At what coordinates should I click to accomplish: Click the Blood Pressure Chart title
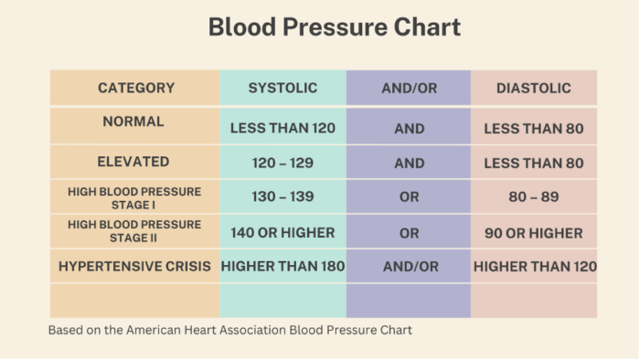pyautogui.click(x=335, y=27)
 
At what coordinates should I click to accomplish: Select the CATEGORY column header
pyautogui.click(x=135, y=89)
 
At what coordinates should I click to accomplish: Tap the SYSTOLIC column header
pyautogui.click(x=283, y=89)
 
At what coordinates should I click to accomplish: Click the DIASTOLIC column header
pyautogui.click(x=534, y=89)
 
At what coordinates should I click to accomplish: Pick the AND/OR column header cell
pyautogui.click(x=409, y=89)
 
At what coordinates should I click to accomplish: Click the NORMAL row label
pyautogui.click(x=133, y=122)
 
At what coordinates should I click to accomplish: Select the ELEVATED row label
pyautogui.click(x=133, y=162)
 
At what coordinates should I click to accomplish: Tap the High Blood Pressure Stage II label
pyautogui.click(x=133, y=231)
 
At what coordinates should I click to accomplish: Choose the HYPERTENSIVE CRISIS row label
pyautogui.click(x=134, y=267)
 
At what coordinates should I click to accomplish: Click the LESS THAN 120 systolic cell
pyautogui.click(x=283, y=129)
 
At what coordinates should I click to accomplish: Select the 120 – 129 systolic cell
pyautogui.click(x=283, y=164)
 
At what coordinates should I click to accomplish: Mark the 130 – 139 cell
pyautogui.click(x=283, y=197)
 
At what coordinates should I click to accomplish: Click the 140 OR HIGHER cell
pyautogui.click(x=283, y=233)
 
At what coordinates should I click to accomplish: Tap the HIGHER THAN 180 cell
pyautogui.click(x=283, y=267)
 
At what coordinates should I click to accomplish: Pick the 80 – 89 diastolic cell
pyautogui.click(x=534, y=197)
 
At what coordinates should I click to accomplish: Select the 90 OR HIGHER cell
pyautogui.click(x=534, y=233)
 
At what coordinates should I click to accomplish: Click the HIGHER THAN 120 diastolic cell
pyautogui.click(x=534, y=267)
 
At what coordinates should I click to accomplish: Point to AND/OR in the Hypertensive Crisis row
pyautogui.click(x=409, y=267)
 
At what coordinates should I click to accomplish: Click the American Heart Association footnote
pyautogui.click(x=230, y=330)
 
